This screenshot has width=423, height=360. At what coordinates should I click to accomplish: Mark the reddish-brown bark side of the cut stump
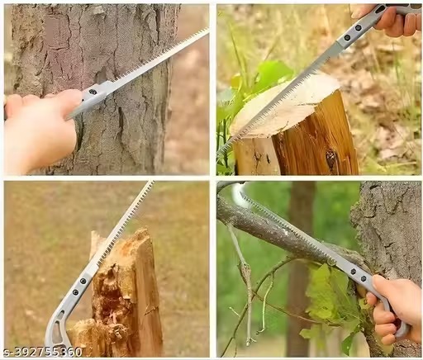318,140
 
